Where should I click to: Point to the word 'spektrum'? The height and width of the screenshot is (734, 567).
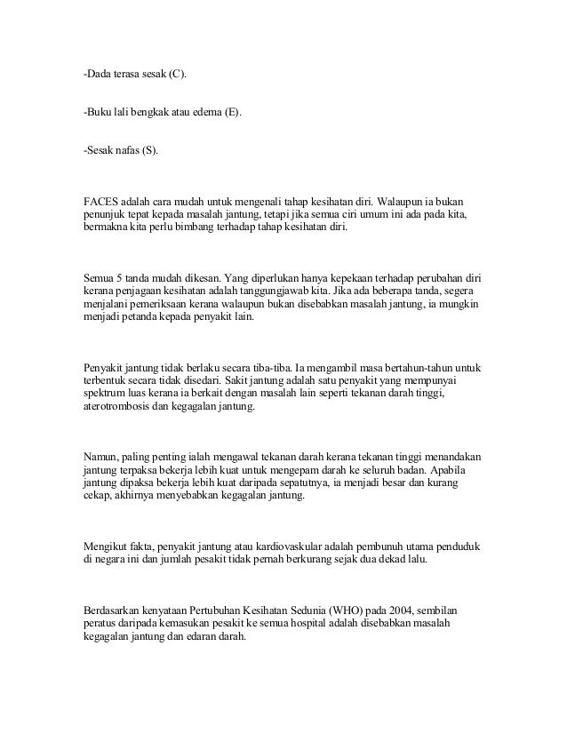(104, 395)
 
